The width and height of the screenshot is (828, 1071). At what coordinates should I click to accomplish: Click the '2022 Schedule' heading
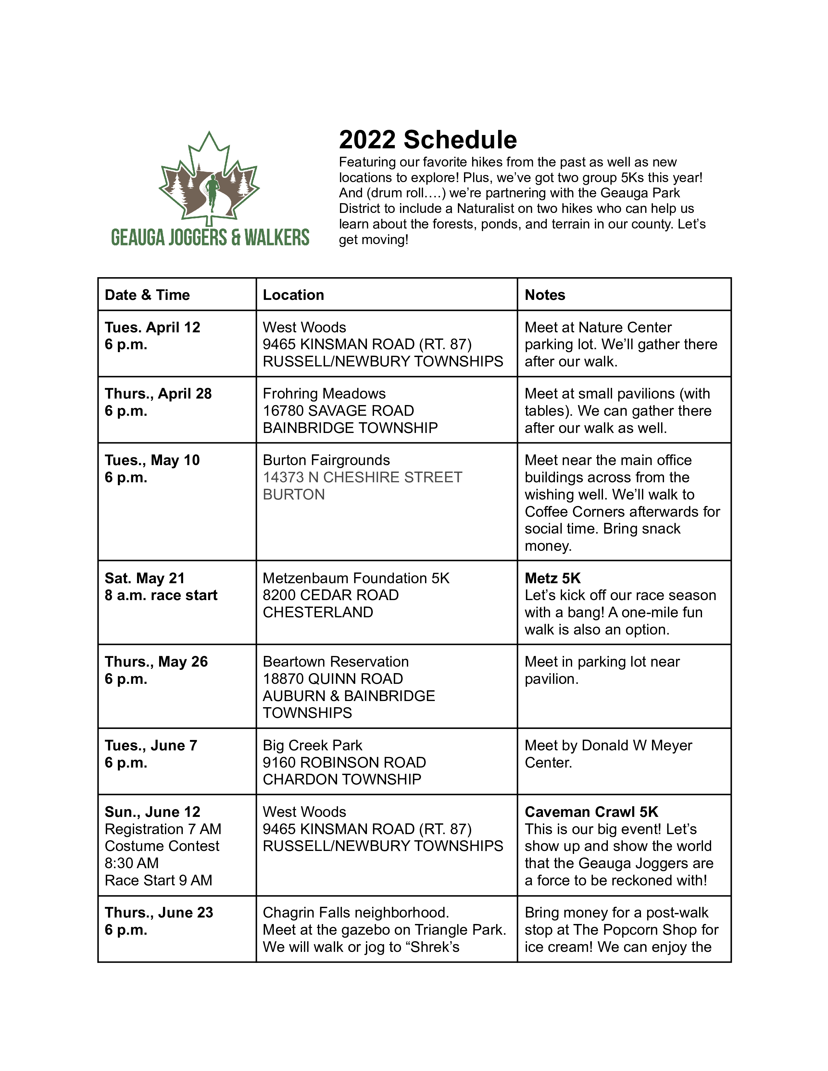[427, 140]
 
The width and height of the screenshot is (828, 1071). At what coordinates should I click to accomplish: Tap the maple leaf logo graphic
[209, 179]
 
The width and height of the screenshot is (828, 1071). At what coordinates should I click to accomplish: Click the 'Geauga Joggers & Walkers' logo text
[210, 237]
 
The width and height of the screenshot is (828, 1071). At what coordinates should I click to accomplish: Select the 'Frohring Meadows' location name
[324, 393]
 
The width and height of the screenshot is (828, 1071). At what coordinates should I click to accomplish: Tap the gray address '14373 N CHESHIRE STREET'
[362, 477]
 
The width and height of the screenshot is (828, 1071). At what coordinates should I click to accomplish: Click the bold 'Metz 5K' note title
[552, 578]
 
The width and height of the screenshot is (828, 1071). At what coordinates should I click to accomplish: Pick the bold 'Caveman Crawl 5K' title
[591, 812]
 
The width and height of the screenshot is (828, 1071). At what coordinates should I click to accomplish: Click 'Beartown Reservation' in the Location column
[335, 661]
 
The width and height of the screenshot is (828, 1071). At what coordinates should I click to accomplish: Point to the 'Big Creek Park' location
[312, 745]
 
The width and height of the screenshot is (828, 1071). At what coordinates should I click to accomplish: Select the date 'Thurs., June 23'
[159, 913]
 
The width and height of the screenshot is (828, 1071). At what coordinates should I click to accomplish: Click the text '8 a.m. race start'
[161, 595]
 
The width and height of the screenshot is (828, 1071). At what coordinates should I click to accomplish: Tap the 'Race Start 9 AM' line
[158, 880]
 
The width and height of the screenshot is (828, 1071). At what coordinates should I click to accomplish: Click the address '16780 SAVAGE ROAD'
[338, 411]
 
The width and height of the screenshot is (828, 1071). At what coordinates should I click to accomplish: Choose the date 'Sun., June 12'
[153, 812]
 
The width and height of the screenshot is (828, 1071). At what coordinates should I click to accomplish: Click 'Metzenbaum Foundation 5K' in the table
[356, 578]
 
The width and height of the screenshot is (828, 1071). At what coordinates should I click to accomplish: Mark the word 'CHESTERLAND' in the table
[318, 612]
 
